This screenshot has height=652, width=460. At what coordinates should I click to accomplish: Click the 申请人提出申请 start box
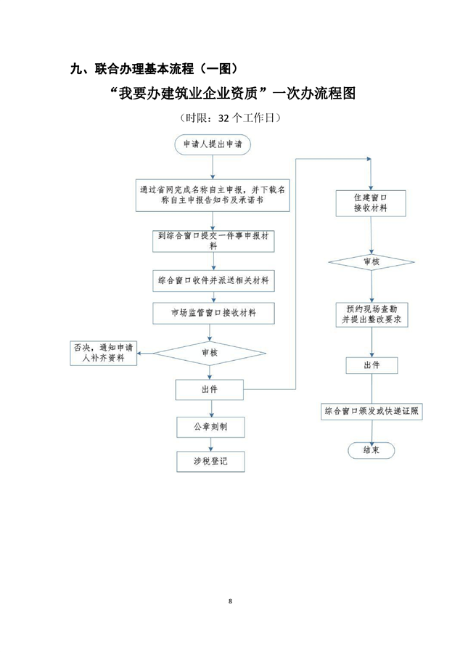pos(212,144)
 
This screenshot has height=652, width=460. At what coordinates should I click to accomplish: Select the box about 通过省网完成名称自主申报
pos(212,194)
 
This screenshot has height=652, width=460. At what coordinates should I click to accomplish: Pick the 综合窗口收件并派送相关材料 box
pos(213,280)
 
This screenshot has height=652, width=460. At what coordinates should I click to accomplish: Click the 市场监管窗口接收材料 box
pos(213,313)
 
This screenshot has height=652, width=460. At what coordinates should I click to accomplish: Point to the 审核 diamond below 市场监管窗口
pos(210,353)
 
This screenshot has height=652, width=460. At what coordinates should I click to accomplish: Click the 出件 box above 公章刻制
pos(210,390)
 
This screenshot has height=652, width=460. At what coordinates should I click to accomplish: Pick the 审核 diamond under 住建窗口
pos(371,261)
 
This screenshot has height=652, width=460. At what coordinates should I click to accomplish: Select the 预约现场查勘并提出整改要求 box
pos(371,313)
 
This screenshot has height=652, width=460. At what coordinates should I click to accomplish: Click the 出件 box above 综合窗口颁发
pos(371,364)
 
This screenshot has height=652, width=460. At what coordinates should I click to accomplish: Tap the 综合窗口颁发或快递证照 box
pos(371,411)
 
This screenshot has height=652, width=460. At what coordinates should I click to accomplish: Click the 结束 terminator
pos(371,450)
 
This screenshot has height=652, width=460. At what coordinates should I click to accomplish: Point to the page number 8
pos(230,601)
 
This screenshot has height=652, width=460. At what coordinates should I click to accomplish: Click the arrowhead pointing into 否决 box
pos(141,353)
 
